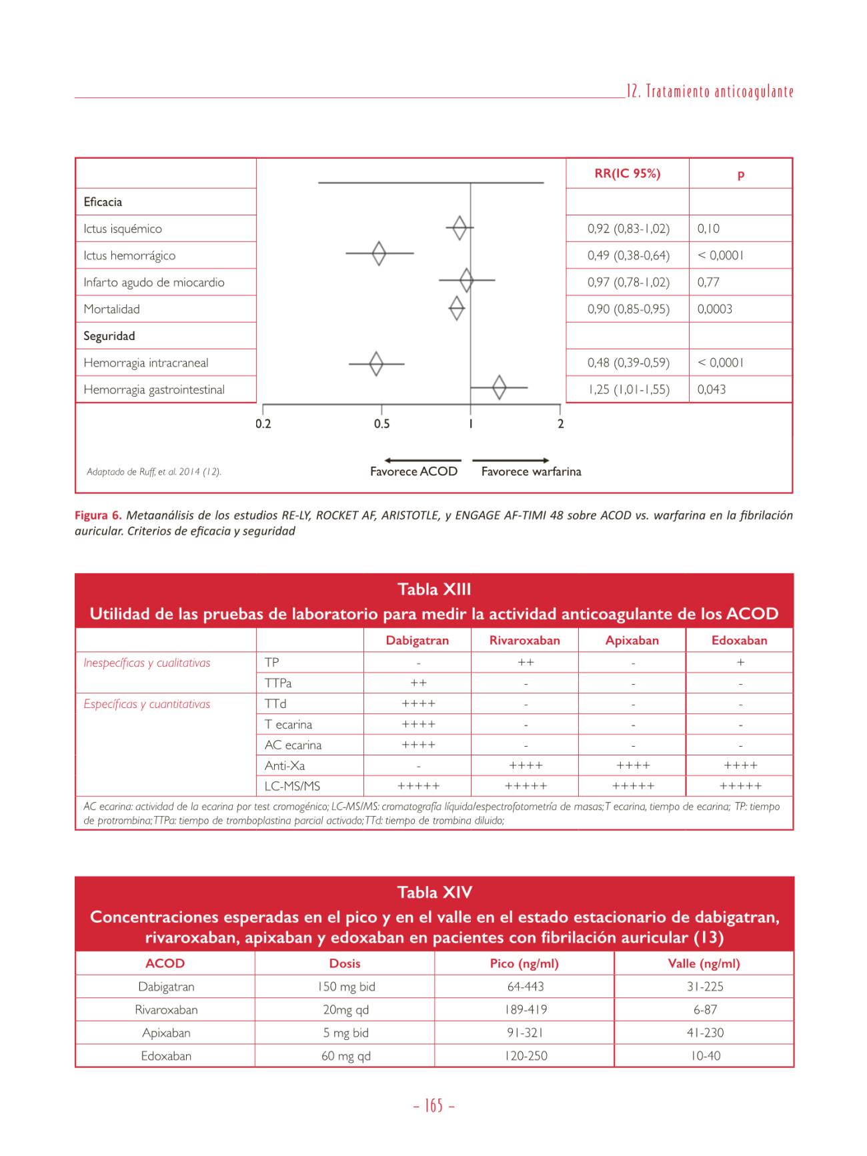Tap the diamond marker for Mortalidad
(457, 309)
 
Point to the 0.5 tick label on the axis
(381, 424)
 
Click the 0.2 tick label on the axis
(263, 424)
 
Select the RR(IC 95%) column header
(627, 174)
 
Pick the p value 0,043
(712, 389)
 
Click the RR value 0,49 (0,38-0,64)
(628, 255)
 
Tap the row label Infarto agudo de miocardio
(154, 282)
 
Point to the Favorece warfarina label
(531, 472)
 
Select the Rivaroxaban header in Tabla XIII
(524, 641)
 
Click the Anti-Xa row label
(285, 766)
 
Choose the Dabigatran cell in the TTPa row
(418, 683)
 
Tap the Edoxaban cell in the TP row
(740, 663)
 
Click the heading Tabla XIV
(434, 893)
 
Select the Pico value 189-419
(526, 1010)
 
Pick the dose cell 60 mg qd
(345, 1056)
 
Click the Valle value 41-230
(705, 1033)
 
